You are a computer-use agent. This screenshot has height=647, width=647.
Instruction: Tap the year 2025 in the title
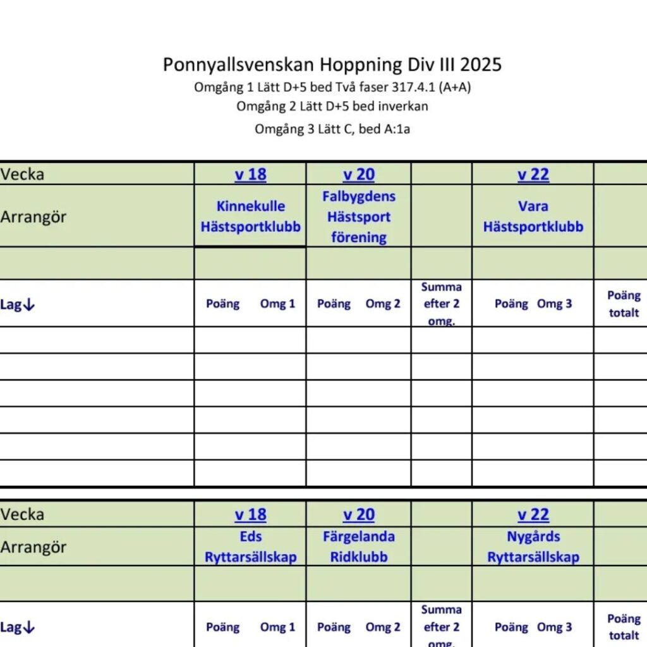coord(481,64)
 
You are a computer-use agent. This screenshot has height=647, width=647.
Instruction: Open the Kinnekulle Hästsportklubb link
coord(250,216)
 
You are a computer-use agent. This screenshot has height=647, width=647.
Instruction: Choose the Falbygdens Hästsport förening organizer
coord(358,217)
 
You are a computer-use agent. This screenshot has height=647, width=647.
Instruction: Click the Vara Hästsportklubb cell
coord(533,216)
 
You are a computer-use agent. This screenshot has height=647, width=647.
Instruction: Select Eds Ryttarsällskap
coord(250,547)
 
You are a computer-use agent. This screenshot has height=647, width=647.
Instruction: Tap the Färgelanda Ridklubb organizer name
coord(358,547)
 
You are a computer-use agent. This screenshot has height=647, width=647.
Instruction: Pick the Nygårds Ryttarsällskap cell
coord(533,547)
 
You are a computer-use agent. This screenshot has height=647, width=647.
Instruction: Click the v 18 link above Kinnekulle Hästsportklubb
coord(250,174)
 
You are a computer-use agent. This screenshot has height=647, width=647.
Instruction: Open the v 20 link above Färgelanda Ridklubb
coord(358,515)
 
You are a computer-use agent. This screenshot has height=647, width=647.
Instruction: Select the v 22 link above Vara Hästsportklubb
coord(533,174)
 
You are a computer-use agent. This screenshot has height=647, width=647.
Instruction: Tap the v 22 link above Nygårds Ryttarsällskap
coord(533,515)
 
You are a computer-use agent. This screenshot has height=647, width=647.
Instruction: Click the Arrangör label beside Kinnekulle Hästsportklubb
coord(33,217)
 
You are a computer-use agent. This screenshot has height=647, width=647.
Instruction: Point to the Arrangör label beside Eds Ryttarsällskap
coord(33,547)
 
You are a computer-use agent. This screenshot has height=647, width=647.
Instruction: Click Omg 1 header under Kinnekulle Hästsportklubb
coord(277,304)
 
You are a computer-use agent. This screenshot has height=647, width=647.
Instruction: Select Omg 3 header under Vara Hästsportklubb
coord(554,304)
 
